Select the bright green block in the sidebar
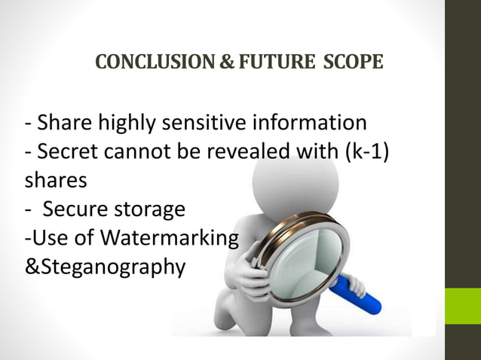click(462, 305)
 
